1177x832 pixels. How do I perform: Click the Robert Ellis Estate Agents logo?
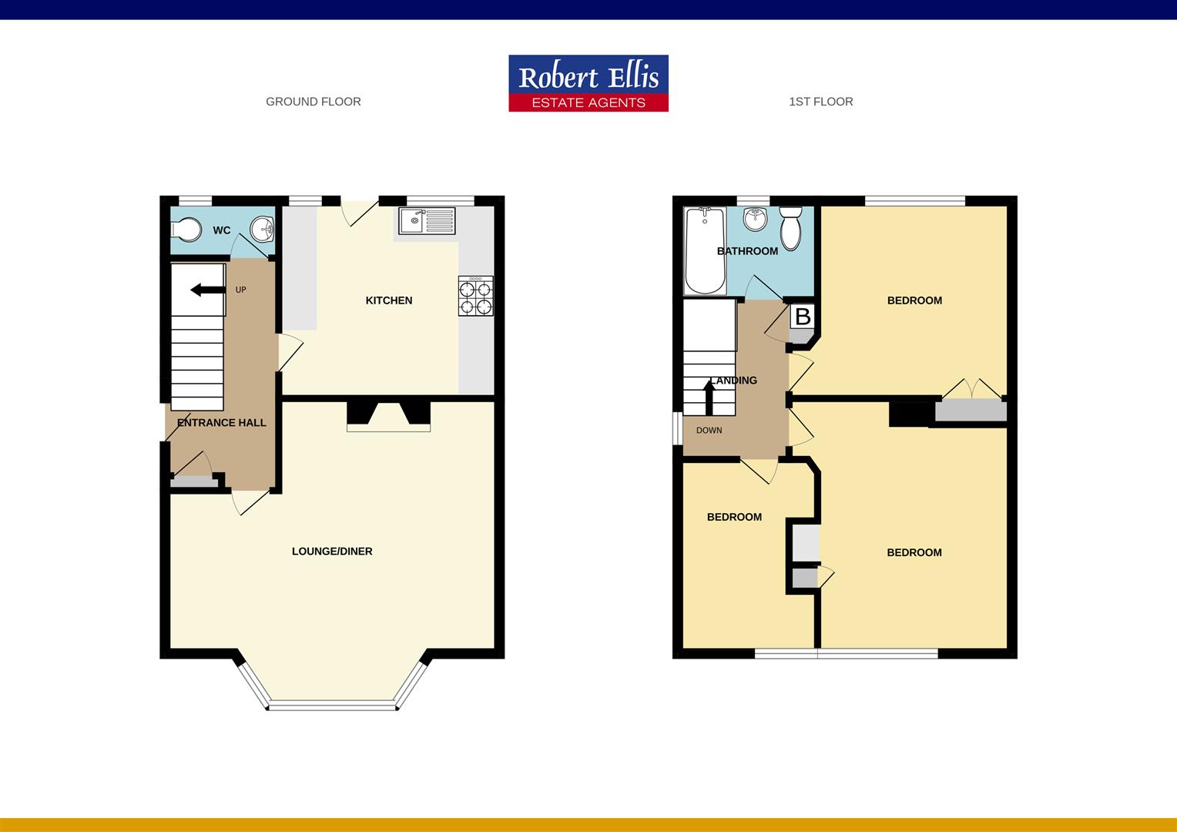coord(588,83)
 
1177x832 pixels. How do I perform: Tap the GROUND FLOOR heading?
coord(313,102)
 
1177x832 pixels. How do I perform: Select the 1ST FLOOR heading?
coord(820,102)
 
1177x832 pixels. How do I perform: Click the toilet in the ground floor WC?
coord(185,229)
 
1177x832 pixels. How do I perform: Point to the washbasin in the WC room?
coord(263,228)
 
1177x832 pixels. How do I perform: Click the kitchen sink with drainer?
coord(428,221)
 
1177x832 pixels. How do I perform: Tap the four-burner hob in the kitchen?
coord(476,297)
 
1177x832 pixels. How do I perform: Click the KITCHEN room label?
coord(389,300)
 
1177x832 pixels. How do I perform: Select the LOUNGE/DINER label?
coord(332,552)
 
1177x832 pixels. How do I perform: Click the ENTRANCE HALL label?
coord(222,423)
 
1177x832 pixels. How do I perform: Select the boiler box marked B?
coord(803,317)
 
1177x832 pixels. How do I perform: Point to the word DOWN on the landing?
coord(709,431)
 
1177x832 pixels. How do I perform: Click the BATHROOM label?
coord(747,251)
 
